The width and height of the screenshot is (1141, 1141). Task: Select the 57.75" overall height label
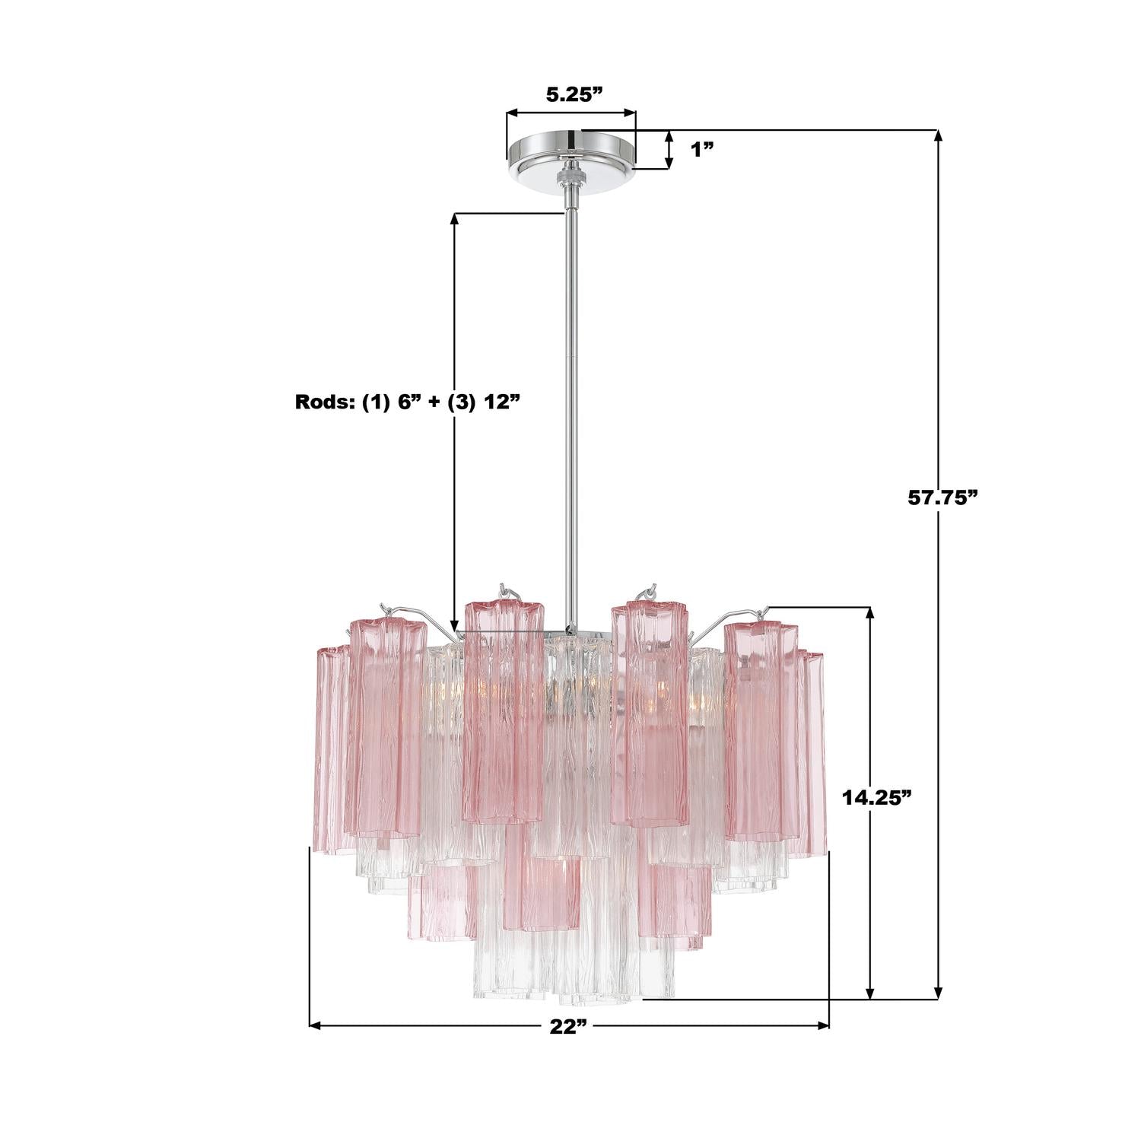click(x=942, y=498)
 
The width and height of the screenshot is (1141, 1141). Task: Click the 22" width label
click(x=569, y=1026)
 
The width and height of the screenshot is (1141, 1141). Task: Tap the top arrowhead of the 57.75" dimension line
click(x=938, y=137)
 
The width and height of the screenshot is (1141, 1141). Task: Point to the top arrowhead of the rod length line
click(x=455, y=219)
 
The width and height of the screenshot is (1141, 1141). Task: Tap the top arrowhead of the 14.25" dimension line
click(x=870, y=613)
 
